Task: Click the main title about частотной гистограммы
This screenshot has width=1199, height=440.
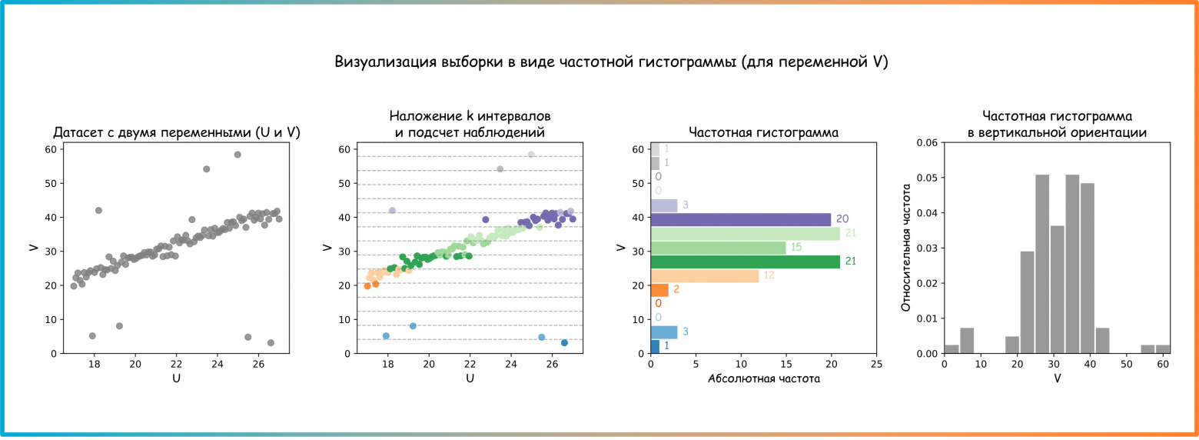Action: tap(611, 62)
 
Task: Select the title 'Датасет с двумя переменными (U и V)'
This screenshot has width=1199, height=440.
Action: tap(177, 133)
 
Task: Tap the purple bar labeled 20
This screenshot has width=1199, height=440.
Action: tap(740, 219)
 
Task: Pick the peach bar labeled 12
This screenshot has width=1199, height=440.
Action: tap(704, 275)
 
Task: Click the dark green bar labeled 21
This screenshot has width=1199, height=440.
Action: tap(745, 262)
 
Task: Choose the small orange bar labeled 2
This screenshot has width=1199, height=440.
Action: tap(659, 290)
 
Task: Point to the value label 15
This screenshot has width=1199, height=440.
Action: tap(797, 248)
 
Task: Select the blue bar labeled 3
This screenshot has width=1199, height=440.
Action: tap(663, 332)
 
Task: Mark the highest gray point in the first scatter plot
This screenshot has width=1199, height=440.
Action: tap(237, 155)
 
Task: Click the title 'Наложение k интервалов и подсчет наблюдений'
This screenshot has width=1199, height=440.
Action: tap(470, 125)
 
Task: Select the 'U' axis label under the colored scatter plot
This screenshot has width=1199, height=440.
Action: tap(470, 378)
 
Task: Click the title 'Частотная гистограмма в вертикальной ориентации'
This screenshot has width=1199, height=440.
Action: tap(1057, 125)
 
